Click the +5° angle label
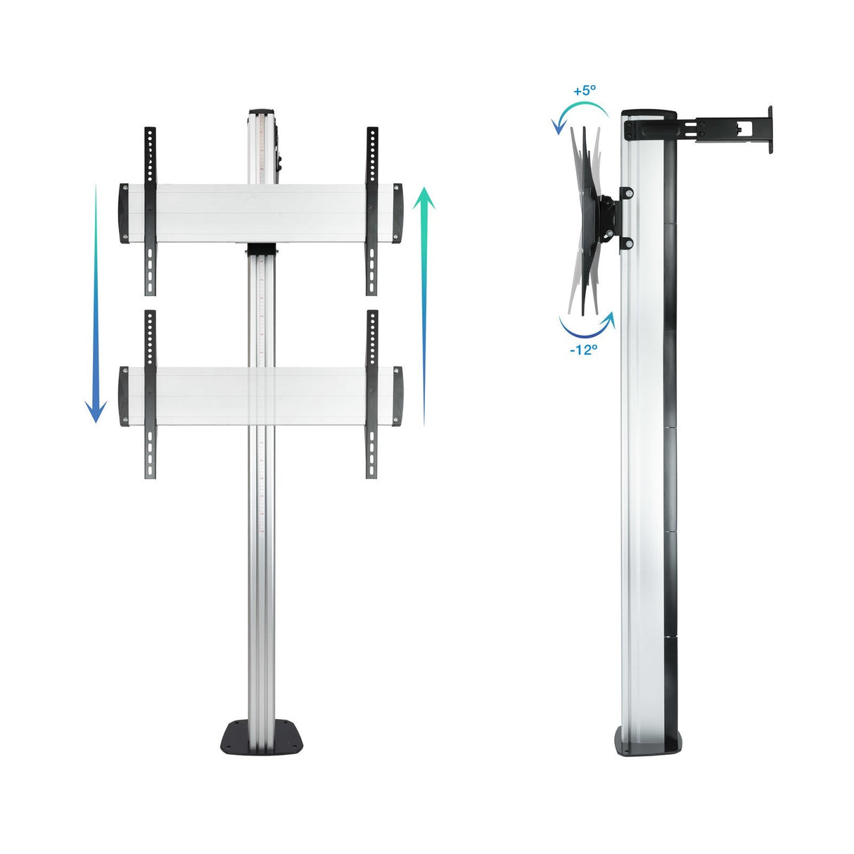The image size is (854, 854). (x=585, y=91)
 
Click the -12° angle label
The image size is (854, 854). (x=583, y=350)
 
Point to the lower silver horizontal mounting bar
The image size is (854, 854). (x=260, y=396)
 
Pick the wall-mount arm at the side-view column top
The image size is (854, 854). (x=725, y=127)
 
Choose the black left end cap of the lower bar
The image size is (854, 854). (x=124, y=396)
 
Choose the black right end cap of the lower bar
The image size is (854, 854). (x=397, y=396)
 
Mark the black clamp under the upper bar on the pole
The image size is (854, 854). (x=262, y=250)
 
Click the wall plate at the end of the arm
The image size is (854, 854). (x=770, y=129)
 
